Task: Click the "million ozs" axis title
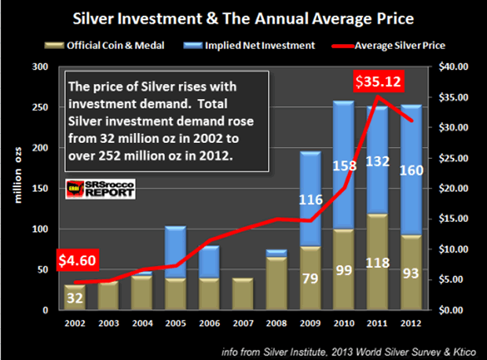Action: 17,189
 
